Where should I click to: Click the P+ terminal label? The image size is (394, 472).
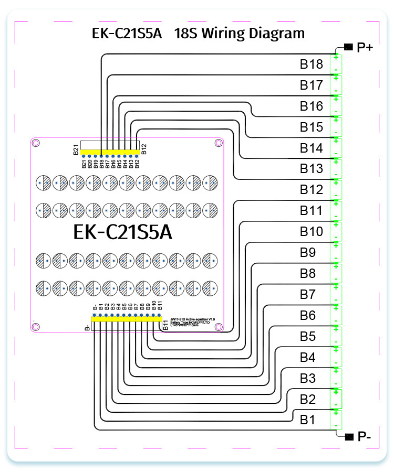click(365, 48)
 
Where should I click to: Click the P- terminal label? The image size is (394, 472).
click(365, 436)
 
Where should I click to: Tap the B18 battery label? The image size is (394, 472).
click(311, 65)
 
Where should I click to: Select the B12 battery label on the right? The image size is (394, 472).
click(311, 190)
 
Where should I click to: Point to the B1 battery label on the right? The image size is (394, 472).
click(308, 420)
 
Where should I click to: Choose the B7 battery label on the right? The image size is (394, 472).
click(308, 294)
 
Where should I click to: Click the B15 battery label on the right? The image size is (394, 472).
click(311, 127)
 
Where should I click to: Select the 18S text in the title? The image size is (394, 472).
click(183, 33)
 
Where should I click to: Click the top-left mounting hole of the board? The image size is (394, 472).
click(36, 143)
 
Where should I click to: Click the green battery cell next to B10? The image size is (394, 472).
click(335, 232)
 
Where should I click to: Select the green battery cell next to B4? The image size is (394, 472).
click(335, 357)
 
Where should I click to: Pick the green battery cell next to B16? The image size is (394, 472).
click(335, 106)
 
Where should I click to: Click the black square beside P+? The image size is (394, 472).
click(348, 47)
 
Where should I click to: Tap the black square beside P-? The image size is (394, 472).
click(348, 436)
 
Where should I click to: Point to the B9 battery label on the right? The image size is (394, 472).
click(308, 252)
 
